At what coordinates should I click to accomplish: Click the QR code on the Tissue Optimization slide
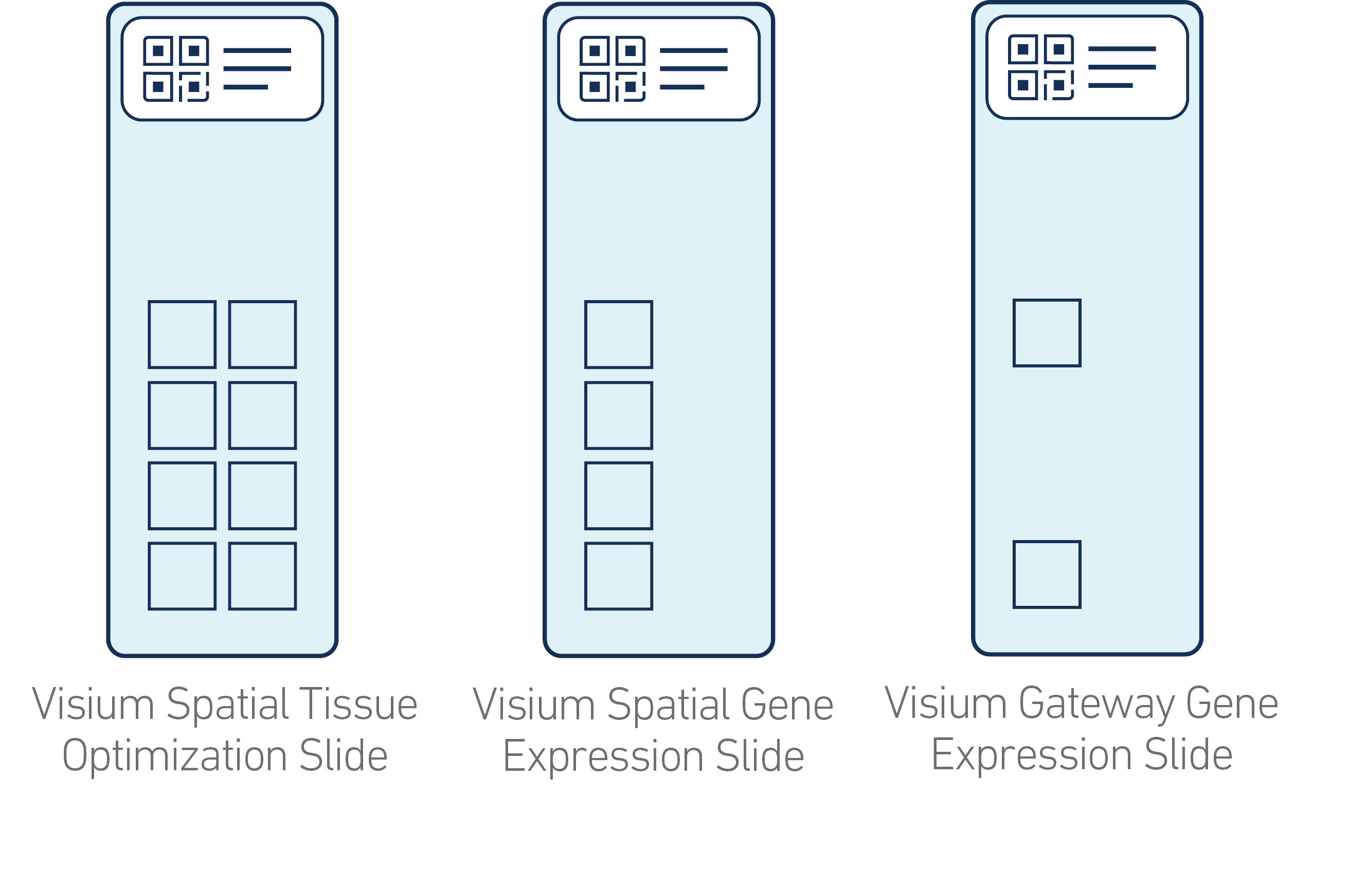click(176, 69)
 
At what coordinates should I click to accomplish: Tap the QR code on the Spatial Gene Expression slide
click(612, 69)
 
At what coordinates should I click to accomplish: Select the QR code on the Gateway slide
click(1040, 67)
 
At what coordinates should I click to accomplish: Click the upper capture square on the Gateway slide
click(1047, 333)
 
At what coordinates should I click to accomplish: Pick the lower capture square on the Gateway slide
click(1047, 575)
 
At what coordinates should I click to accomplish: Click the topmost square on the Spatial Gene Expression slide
click(618, 335)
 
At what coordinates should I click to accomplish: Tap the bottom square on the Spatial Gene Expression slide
click(618, 576)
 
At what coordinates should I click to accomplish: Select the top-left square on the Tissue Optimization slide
click(182, 335)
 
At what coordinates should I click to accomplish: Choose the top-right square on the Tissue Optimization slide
click(262, 335)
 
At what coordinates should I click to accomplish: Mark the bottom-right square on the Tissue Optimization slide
click(262, 576)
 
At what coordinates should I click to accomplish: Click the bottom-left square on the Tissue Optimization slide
click(182, 576)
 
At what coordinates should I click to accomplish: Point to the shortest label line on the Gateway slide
click(1110, 86)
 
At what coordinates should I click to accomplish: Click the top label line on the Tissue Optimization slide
click(257, 50)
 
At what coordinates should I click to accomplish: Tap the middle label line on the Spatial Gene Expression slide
click(693, 69)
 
